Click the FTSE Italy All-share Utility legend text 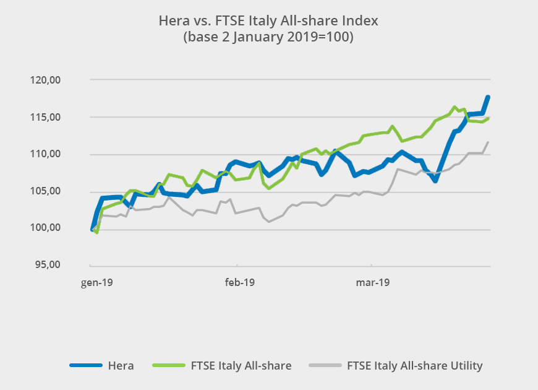pyautogui.click(x=415, y=366)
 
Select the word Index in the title pyautogui.click(x=361, y=21)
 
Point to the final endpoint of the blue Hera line pyautogui.click(x=488, y=97)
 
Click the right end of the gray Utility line pyautogui.click(x=489, y=142)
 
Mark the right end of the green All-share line pyautogui.click(x=489, y=118)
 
